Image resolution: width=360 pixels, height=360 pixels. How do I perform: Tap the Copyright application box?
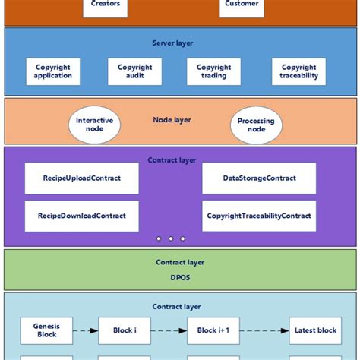click(52, 71)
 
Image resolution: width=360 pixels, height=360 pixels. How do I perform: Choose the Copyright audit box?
click(134, 71)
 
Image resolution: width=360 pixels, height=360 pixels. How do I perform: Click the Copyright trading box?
click(213, 71)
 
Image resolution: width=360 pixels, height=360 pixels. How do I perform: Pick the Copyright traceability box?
click(298, 71)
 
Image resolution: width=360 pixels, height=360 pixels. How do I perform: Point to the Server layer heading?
click(172, 45)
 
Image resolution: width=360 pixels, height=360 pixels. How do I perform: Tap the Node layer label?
click(172, 119)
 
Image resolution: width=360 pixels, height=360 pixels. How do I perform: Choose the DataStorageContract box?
click(259, 178)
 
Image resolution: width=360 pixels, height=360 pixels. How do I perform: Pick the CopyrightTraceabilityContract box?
click(259, 216)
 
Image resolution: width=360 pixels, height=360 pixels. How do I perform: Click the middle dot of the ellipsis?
click(171, 238)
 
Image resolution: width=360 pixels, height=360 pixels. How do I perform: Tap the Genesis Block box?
click(45, 330)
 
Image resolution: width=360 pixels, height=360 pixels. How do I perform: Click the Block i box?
click(124, 330)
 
